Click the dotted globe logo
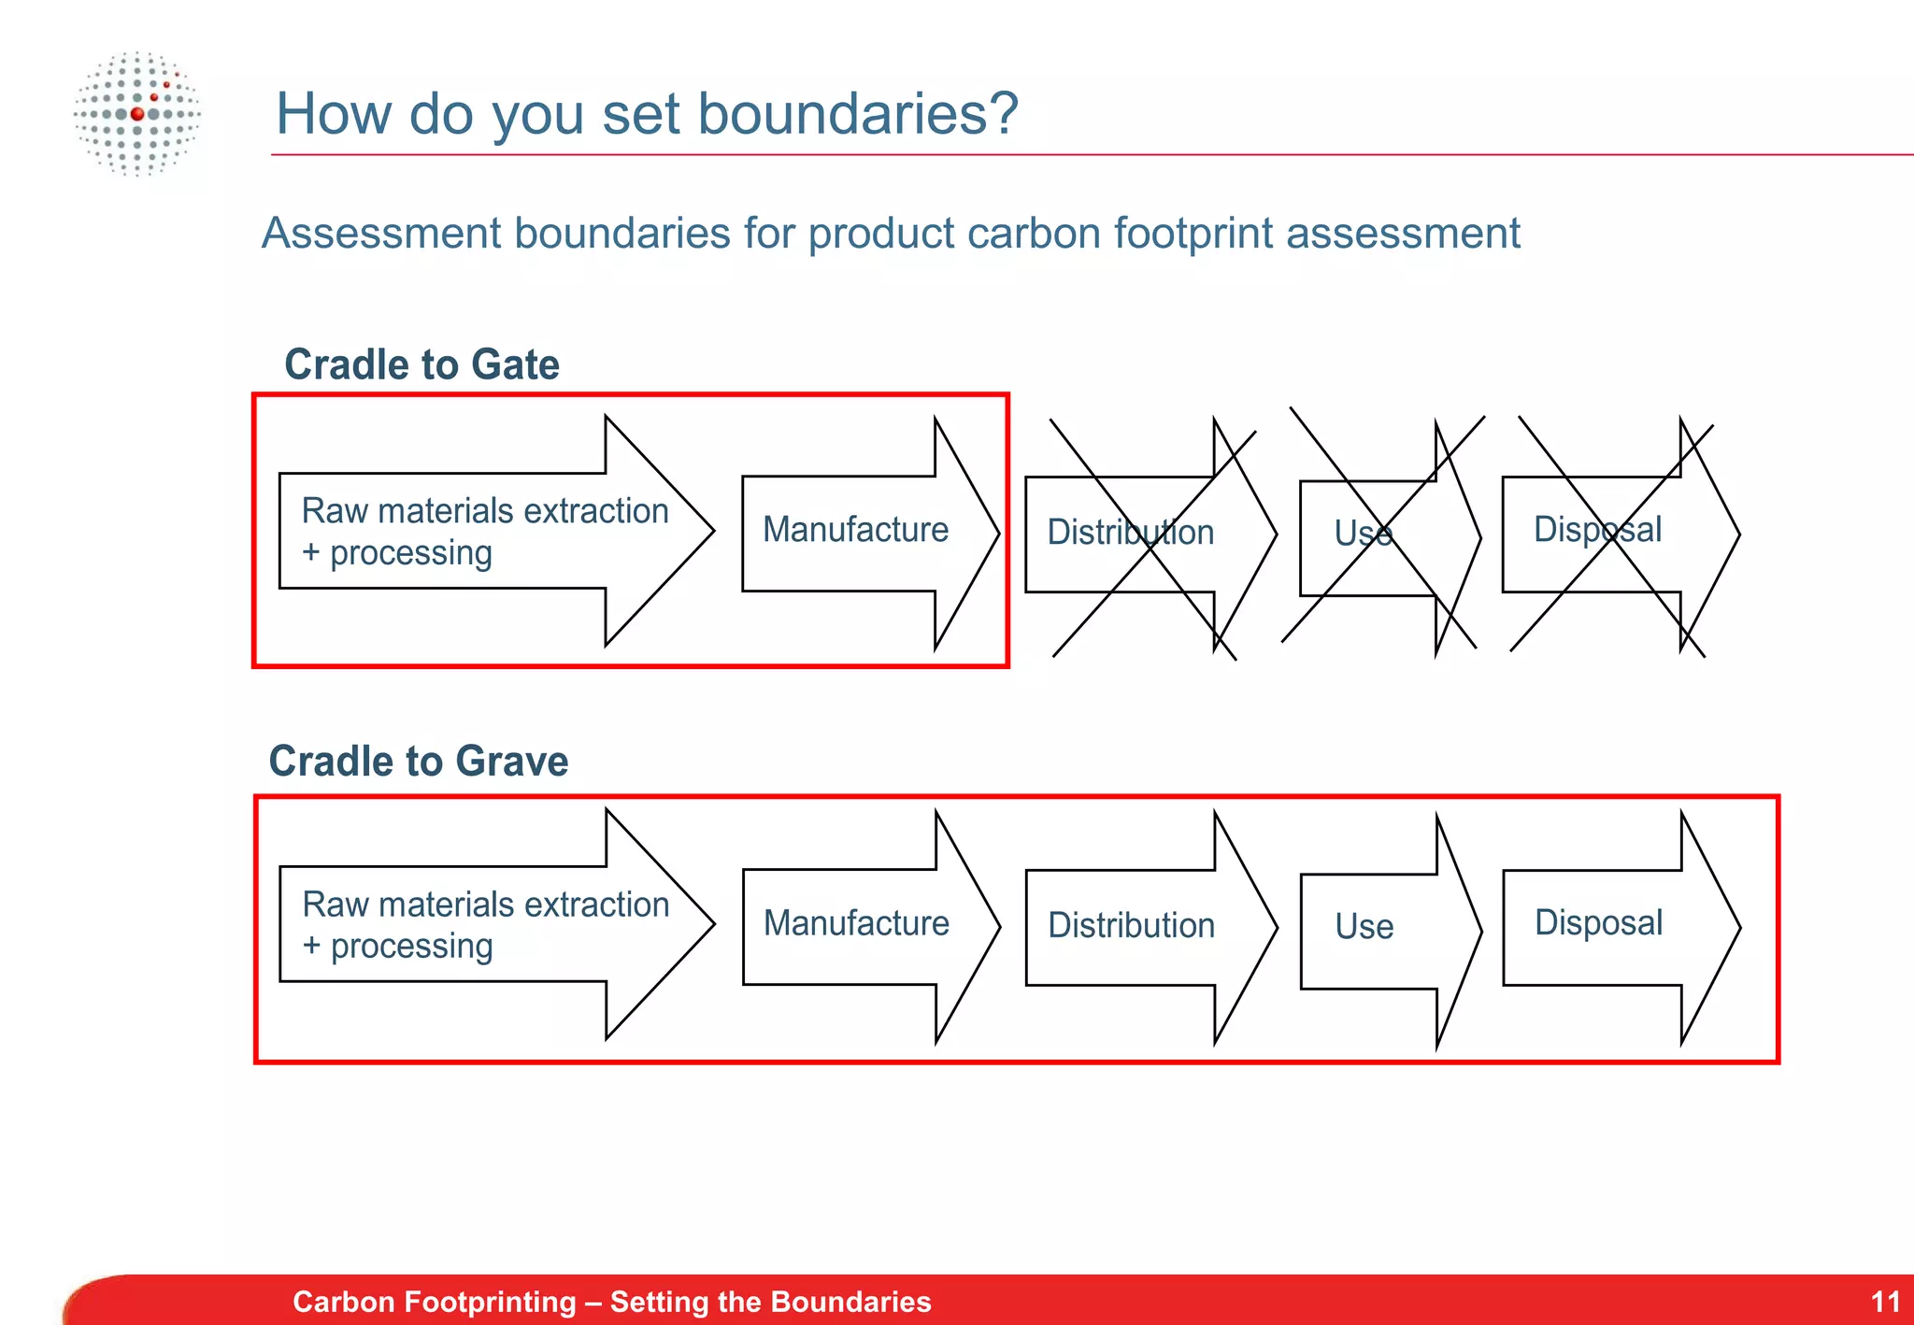[x=137, y=114]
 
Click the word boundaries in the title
[x=857, y=114]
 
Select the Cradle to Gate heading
[x=421, y=364]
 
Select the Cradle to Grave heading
[x=418, y=761]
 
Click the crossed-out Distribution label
[x=1130, y=533]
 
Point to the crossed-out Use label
[x=1363, y=534]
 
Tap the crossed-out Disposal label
[x=1597, y=530]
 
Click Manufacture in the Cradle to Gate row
[x=855, y=530]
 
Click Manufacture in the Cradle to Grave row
[x=856, y=923]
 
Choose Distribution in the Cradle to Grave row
[x=1131, y=925]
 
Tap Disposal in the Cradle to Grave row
[x=1598, y=923]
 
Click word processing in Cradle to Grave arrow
[x=411, y=947]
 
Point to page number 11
[x=1885, y=1302]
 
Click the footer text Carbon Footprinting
[x=434, y=1302]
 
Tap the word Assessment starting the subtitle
[x=381, y=234]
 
